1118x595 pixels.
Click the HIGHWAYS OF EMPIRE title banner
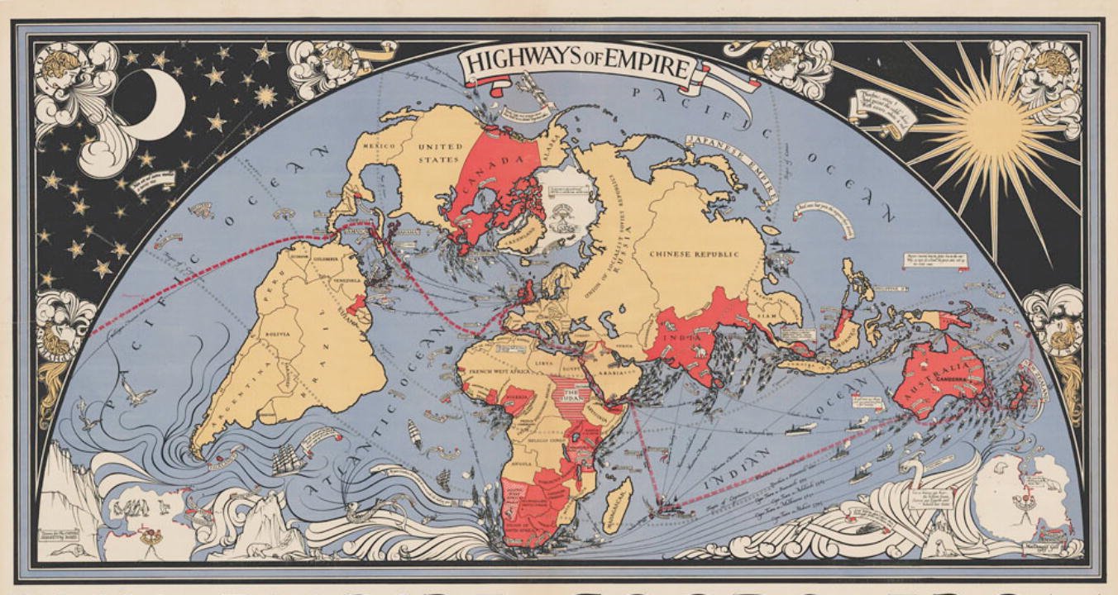pos(576,64)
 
